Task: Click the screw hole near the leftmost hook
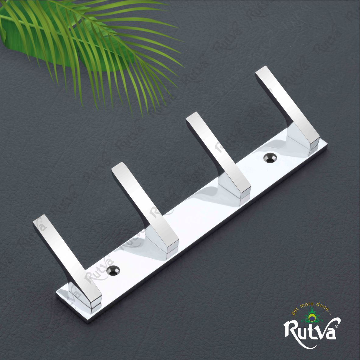click(x=114, y=270)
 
